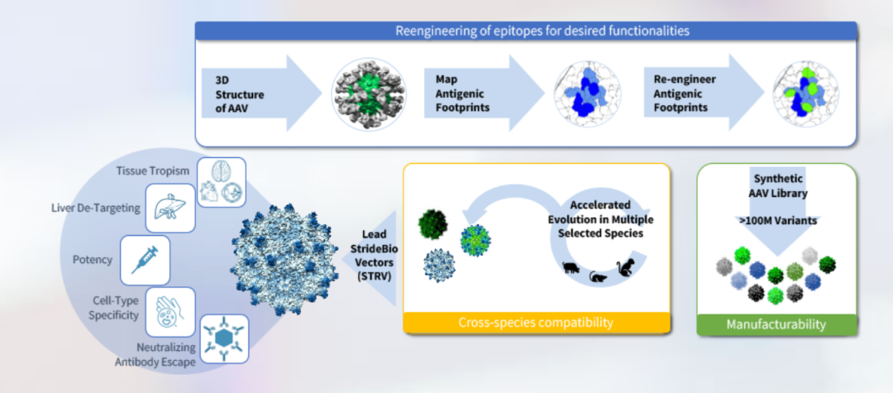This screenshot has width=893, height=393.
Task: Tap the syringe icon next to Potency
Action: pos(146,259)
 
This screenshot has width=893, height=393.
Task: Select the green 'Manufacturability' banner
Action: pos(776,324)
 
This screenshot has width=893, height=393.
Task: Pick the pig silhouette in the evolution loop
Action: pos(571,268)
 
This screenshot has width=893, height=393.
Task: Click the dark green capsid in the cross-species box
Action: pos(433,221)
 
